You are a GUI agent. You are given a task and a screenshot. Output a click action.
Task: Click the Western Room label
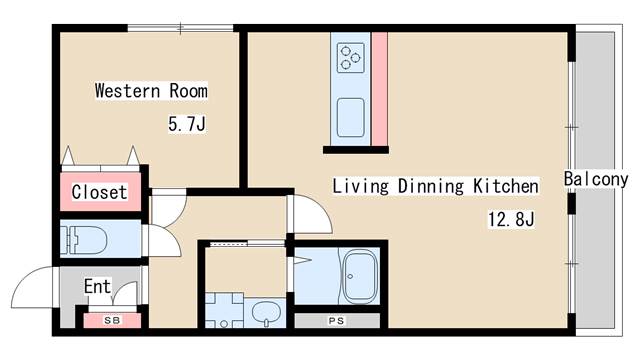[151, 91]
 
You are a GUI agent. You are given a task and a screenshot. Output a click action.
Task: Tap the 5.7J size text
[187, 124]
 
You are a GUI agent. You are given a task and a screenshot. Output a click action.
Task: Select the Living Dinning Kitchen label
[435, 186]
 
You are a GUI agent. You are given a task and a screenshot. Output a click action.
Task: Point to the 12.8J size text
[511, 219]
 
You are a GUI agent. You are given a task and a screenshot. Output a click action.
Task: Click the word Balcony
[596, 179]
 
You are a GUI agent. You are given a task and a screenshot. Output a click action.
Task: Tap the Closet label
[99, 192]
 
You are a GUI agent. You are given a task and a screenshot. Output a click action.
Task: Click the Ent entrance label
[97, 286]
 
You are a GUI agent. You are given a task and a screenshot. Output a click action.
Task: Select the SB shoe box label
[112, 320]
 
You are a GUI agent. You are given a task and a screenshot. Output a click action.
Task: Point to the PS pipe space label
[337, 321]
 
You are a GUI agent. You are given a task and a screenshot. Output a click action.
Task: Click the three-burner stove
[351, 58]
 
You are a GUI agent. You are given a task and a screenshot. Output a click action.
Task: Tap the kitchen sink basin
[351, 118]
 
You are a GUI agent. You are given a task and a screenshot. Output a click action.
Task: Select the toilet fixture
[84, 240]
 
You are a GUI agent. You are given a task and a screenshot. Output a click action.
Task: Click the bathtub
[359, 276]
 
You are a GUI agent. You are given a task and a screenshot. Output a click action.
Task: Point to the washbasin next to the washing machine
[266, 312]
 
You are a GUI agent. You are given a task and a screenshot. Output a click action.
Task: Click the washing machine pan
[224, 310]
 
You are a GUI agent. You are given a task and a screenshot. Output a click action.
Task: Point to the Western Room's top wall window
[180, 28]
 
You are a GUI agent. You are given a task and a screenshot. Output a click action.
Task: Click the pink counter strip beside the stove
[380, 89]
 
